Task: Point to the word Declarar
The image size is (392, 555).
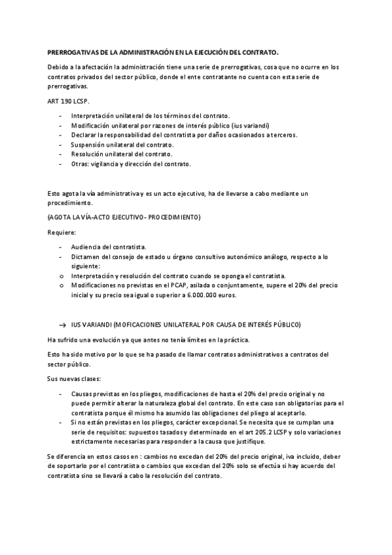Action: tap(86, 134)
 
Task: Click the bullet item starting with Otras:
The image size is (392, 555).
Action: tap(131, 164)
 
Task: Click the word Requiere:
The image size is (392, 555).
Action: tap(62, 232)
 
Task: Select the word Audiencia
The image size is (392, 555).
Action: tap(90, 247)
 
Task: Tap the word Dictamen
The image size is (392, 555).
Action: tap(88, 257)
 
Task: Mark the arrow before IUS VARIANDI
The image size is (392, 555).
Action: tap(63, 324)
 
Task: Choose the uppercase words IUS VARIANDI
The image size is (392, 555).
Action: tap(91, 324)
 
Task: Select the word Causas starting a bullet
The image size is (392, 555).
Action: tap(84, 393)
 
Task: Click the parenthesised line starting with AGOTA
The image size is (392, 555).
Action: tap(124, 217)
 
